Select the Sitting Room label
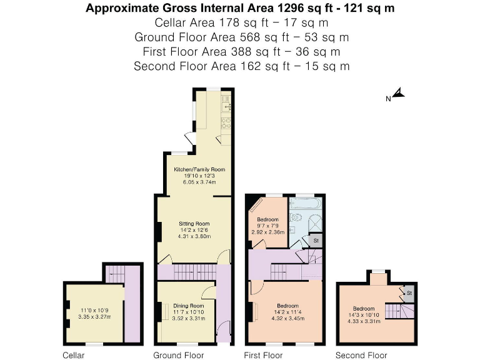tap(194, 223)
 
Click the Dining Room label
tap(188, 306)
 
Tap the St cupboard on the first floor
tap(316, 240)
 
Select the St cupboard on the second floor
tap(408, 293)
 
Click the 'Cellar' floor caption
tap(73, 355)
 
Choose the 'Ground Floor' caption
tap(179, 355)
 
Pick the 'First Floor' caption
tap(263, 355)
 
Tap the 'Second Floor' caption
tap(365, 355)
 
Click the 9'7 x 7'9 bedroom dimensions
tap(269, 226)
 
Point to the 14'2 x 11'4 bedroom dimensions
tap(286, 313)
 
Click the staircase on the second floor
tap(394, 311)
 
